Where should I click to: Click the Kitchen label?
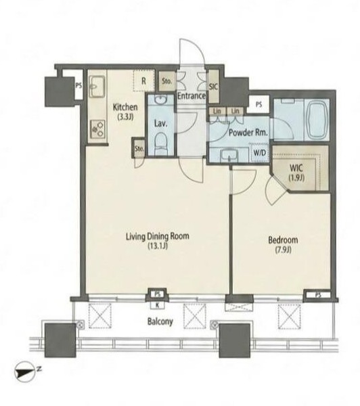tap(125, 107)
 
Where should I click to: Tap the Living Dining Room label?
tap(157, 236)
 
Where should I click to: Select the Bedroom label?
tap(283, 240)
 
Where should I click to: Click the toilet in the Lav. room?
tap(161, 143)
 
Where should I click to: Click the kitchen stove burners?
tap(97, 129)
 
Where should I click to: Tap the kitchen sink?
tap(97, 87)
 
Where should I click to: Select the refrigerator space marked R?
tap(144, 81)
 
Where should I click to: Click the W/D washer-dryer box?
tap(260, 152)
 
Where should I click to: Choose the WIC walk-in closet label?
tap(296, 168)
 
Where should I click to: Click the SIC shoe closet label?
tap(214, 87)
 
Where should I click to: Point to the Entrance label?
tap(192, 96)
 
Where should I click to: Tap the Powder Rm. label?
tap(248, 133)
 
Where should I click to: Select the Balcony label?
tap(160, 322)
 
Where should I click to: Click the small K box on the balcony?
tap(157, 305)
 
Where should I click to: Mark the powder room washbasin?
tap(229, 156)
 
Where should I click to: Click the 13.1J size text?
tap(158, 246)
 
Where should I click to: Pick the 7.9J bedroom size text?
tap(283, 250)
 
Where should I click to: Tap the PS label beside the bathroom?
tap(258, 105)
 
